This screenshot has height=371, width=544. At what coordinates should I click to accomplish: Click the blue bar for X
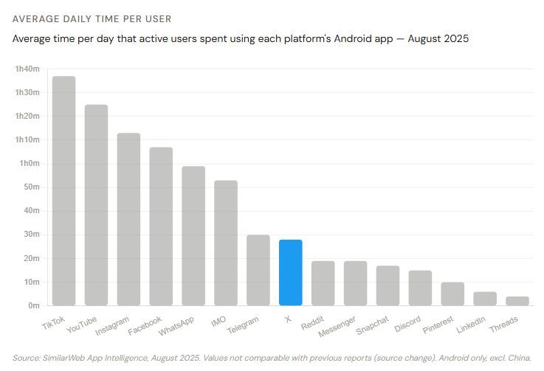pyautogui.click(x=290, y=272)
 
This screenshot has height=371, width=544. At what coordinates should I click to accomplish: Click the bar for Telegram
pyautogui.click(x=258, y=270)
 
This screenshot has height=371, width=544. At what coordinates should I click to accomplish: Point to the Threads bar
pyautogui.click(x=517, y=301)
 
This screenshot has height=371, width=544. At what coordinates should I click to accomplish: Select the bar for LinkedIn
pyautogui.click(x=485, y=298)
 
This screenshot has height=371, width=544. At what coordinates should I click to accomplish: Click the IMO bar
pyautogui.click(x=225, y=243)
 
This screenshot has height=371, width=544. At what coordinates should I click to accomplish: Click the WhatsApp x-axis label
pyautogui.click(x=178, y=324)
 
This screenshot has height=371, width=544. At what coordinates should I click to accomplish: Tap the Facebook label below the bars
pyautogui.click(x=146, y=324)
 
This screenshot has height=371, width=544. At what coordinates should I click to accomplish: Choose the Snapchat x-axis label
pyautogui.click(x=373, y=324)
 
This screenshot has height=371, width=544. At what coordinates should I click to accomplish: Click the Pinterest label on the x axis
pyautogui.click(x=438, y=324)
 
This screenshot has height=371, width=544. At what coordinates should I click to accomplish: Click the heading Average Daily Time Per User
pyautogui.click(x=92, y=18)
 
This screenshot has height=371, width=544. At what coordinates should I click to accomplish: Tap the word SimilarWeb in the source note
pyautogui.click(x=72, y=357)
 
